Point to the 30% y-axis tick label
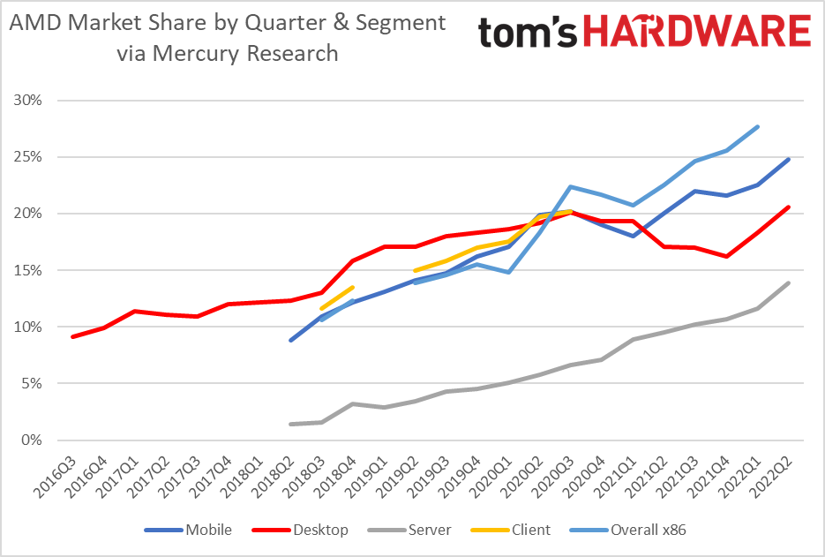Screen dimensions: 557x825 (28, 100)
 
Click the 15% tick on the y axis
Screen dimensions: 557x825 (28, 270)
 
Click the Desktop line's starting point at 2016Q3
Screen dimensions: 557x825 (72, 336)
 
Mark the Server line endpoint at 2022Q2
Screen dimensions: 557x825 (788, 283)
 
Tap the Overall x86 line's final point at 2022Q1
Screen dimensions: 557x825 (758, 126)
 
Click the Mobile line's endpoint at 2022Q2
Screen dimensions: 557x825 (788, 160)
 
